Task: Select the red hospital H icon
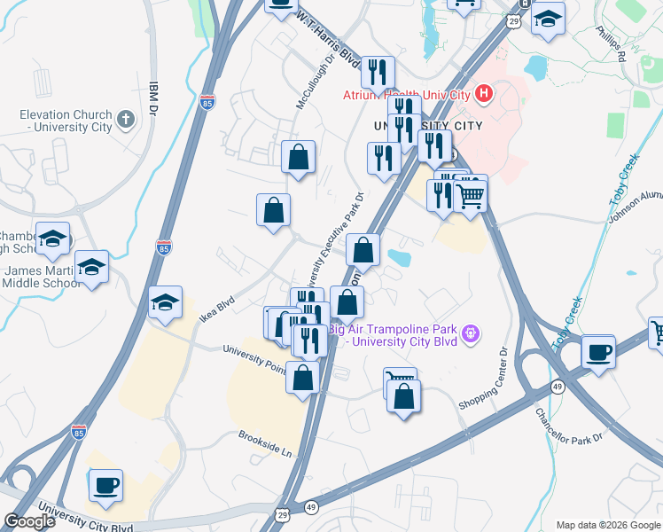pyautogui.click(x=484, y=91)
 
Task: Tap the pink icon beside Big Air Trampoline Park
pyautogui.click(x=471, y=334)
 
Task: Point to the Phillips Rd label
pyautogui.click(x=610, y=43)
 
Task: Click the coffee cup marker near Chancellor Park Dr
pyautogui.click(x=599, y=351)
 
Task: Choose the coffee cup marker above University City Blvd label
pyautogui.click(x=106, y=485)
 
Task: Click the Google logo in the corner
pyautogui.click(x=29, y=521)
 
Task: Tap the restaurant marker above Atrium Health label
pyautogui.click(x=378, y=73)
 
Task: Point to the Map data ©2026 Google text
pyautogui.click(x=608, y=525)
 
